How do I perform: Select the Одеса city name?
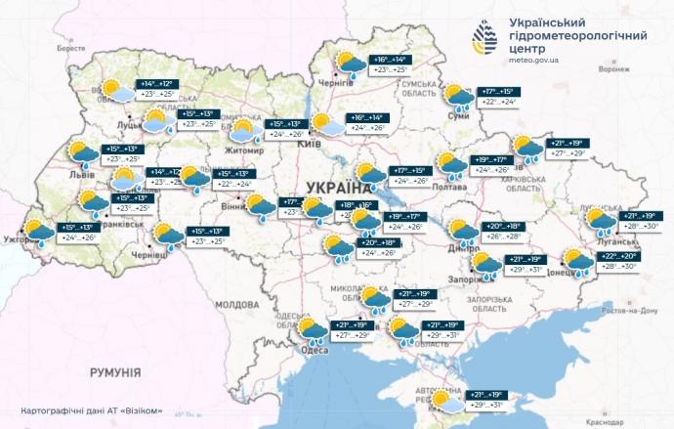click(x=314, y=349)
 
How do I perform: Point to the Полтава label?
click(x=449, y=188)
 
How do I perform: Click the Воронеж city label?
click(x=612, y=70)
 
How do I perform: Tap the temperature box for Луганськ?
click(x=642, y=221)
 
